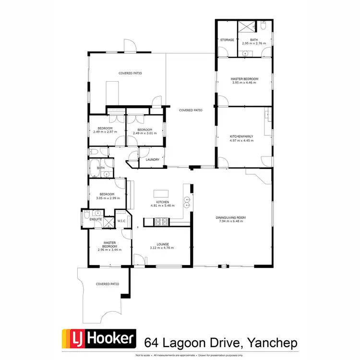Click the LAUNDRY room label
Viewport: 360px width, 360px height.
point(152,159)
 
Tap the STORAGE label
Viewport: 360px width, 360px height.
point(227,40)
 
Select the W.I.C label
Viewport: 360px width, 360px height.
point(121,221)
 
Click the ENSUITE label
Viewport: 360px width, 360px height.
point(96,219)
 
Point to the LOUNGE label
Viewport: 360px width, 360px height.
point(162,244)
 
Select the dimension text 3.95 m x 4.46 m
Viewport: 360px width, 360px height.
point(244,83)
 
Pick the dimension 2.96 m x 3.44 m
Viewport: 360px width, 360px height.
point(109,250)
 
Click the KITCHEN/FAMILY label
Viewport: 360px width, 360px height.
point(241,136)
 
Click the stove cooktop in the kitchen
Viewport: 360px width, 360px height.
point(160,221)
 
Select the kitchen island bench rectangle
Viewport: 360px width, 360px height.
point(161,193)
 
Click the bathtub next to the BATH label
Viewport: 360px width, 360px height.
point(94,168)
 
